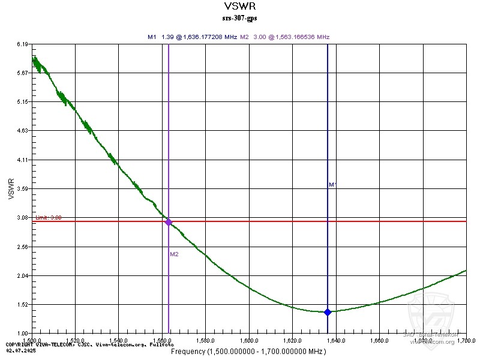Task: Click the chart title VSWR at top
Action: coord(239,7)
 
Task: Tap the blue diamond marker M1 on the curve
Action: coord(328,312)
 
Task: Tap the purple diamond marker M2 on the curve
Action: coord(169,222)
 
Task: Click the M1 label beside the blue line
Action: coord(332,185)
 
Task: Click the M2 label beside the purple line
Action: coord(174,254)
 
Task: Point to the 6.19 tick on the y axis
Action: coord(23,44)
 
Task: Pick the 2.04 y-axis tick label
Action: coord(23,275)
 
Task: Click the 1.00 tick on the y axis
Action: coord(23,333)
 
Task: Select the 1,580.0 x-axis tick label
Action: coord(206,340)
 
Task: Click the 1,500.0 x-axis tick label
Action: coord(32,340)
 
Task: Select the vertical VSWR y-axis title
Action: coord(10,188)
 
